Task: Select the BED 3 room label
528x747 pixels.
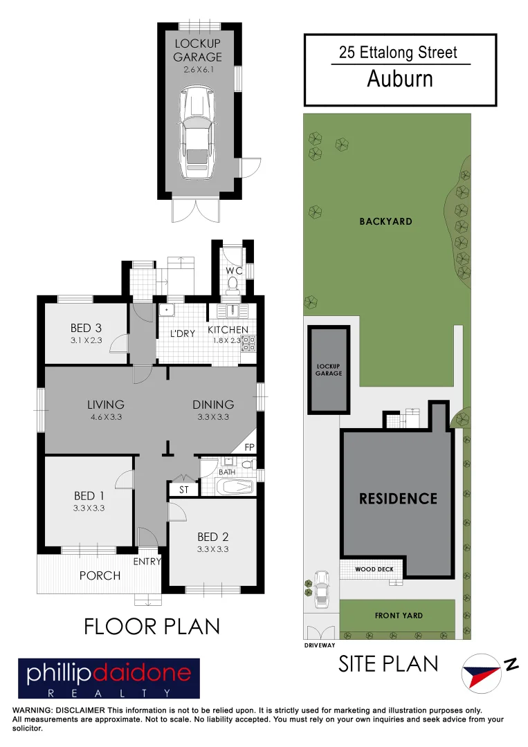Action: pos(87,328)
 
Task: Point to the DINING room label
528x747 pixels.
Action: pos(213,405)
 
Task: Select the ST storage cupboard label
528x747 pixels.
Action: pos(183,490)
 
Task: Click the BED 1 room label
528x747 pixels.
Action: pos(89,496)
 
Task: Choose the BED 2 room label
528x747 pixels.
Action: pos(212,537)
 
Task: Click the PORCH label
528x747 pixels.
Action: pos(100,575)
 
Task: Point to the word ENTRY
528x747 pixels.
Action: pos(147,562)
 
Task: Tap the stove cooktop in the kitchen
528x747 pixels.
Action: pos(248,343)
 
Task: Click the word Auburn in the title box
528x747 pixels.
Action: pos(400,79)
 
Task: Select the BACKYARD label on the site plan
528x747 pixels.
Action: pos(385,221)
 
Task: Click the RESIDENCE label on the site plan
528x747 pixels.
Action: pos(398,499)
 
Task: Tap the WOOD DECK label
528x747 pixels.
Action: pos(375,569)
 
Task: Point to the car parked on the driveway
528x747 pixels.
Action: pos(321,589)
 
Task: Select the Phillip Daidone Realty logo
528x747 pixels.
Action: pos(109,679)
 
